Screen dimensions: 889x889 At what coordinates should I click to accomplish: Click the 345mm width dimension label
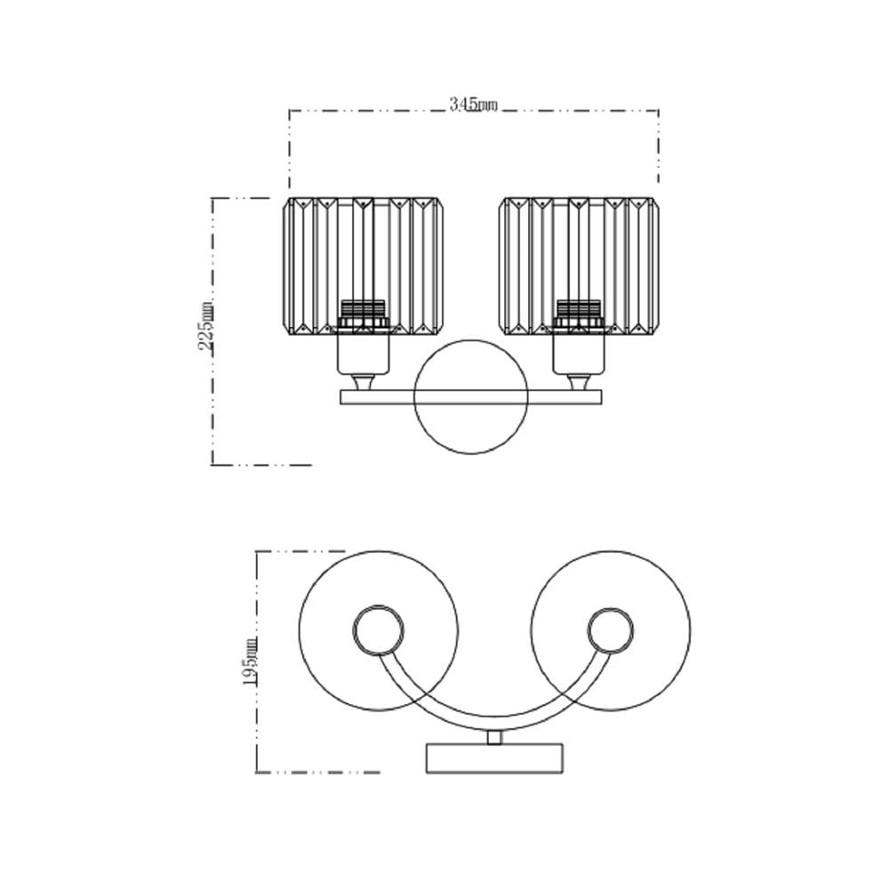pos(473,105)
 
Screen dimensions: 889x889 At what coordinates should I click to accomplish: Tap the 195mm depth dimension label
pos(251,662)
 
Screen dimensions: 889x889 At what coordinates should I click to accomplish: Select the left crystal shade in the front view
pos(363,266)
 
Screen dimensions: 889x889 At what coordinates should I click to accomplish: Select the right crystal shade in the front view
pos(579,266)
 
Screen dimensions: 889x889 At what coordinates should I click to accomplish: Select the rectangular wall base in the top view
pos(494,758)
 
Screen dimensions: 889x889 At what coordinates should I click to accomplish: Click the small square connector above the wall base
pos(494,738)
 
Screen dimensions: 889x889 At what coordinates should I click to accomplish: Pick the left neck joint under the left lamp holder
pos(363,382)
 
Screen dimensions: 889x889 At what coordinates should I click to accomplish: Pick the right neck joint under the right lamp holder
pos(579,382)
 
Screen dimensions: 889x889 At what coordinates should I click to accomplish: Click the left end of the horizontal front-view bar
pos(340,396)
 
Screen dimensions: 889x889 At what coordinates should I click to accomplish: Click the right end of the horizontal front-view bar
pos(603,396)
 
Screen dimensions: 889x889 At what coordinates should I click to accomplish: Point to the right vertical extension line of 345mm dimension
pos(658,147)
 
